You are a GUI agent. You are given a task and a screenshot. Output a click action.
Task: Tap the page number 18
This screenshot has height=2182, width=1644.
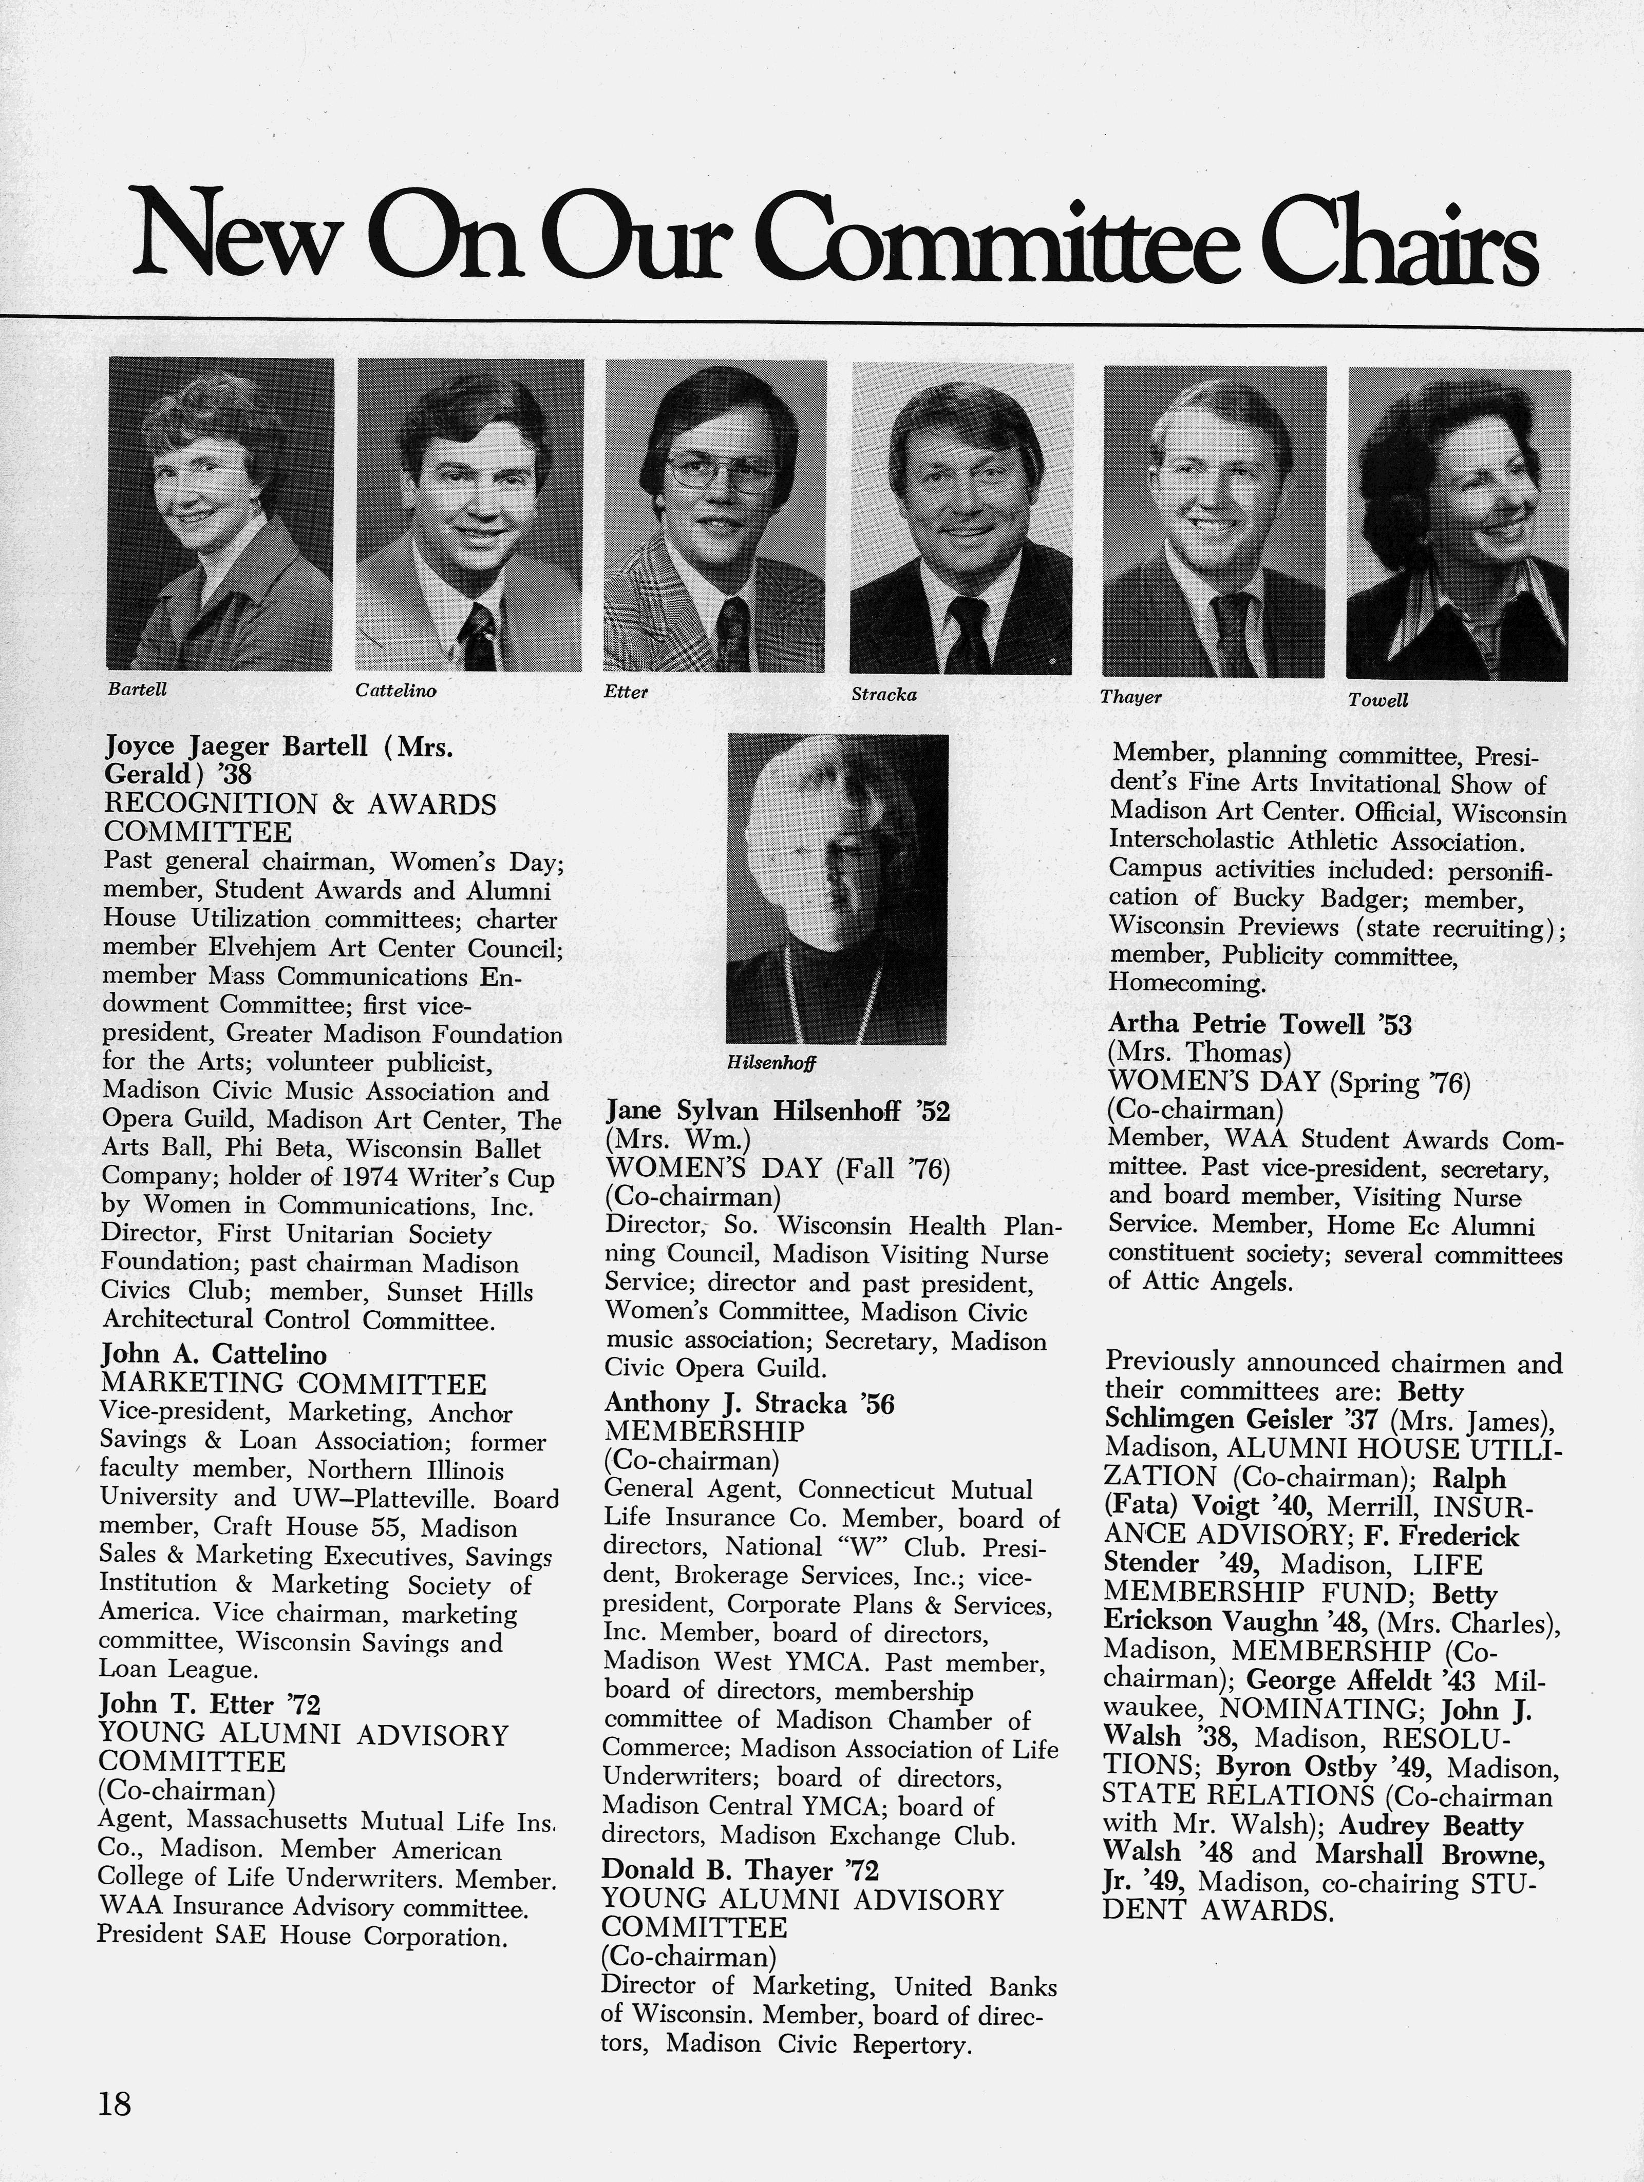(115, 2104)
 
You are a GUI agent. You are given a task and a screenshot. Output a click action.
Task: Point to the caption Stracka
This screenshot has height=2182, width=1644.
(884, 695)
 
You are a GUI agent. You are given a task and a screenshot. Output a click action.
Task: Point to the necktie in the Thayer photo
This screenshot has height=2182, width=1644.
(1231, 631)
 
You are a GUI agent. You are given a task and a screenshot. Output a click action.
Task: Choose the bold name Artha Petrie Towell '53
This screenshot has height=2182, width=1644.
(1260, 1024)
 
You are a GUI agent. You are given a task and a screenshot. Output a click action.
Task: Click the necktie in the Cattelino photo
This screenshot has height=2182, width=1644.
(480, 636)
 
